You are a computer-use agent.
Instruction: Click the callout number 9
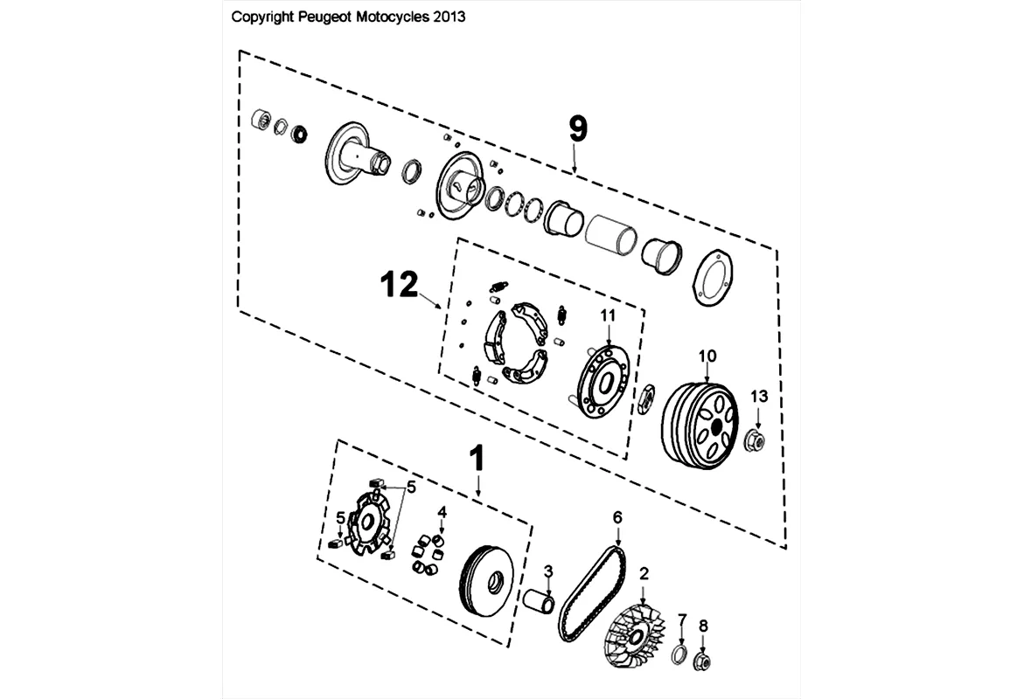click(577, 128)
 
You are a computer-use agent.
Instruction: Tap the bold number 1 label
click(477, 460)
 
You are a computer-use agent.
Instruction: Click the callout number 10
click(707, 356)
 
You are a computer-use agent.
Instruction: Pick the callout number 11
click(608, 315)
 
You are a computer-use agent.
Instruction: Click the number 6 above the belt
click(617, 517)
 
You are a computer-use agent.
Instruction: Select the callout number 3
click(548, 571)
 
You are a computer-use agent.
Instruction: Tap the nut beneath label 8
click(702, 662)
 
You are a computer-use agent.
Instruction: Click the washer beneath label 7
click(680, 657)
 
